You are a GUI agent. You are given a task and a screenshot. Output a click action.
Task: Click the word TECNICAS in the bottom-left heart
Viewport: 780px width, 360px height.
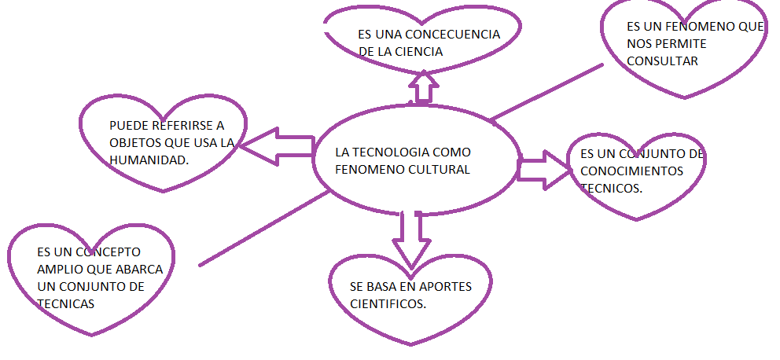tap(65, 303)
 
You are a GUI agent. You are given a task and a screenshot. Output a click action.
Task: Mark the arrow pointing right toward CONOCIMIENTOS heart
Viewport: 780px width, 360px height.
tap(544, 169)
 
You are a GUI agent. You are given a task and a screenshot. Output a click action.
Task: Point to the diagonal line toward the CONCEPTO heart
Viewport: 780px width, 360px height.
tap(263, 229)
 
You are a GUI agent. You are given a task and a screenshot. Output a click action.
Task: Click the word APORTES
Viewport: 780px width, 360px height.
tap(443, 286)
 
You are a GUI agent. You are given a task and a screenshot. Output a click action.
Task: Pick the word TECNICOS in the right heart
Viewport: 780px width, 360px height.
tap(611, 189)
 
